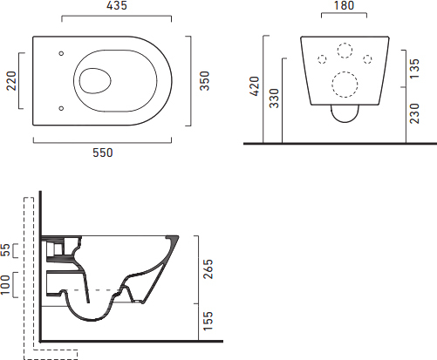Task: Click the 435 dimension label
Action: pyautogui.click(x=117, y=5)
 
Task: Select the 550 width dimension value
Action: pyautogui.click(x=103, y=153)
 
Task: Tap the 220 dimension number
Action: pyautogui.click(x=11, y=81)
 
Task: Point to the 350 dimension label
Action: pyautogui.click(x=205, y=81)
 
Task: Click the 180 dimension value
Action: pyautogui.click(x=344, y=5)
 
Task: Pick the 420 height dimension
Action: pyautogui.click(x=254, y=86)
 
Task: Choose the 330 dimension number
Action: pyautogui.click(x=274, y=98)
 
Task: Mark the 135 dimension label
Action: pyautogui.click(x=414, y=69)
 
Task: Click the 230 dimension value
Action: pyautogui.click(x=414, y=113)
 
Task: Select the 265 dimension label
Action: pyautogui.click(x=208, y=269)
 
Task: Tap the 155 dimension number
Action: pyautogui.click(x=208, y=321)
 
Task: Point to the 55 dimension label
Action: pyautogui.click(x=5, y=250)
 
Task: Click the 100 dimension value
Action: pyautogui.click(x=5, y=285)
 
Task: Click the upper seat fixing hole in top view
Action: pyautogui.click(x=61, y=53)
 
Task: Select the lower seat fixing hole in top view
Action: pyautogui.click(x=61, y=108)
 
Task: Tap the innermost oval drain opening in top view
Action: pyautogui.click(x=95, y=81)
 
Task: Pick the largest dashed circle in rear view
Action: pyautogui.click(x=345, y=85)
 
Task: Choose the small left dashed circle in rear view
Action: pyautogui.click(x=322, y=59)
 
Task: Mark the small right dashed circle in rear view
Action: pyautogui.click(x=367, y=59)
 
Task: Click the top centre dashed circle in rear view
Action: pyautogui.click(x=345, y=51)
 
